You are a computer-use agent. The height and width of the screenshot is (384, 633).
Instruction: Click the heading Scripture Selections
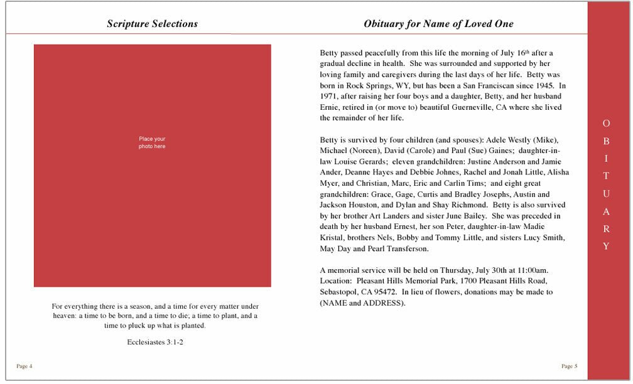click(x=152, y=24)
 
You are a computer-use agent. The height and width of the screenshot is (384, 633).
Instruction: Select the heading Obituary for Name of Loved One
click(x=438, y=24)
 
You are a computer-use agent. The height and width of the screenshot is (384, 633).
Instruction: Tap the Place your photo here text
click(x=152, y=142)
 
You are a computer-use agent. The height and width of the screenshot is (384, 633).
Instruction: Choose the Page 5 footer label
click(x=570, y=365)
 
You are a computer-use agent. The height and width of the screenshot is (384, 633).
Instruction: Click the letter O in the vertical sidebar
click(x=606, y=123)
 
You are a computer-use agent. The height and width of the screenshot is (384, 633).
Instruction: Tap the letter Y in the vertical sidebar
click(x=606, y=247)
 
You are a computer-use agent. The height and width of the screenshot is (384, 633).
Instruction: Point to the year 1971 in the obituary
click(x=330, y=96)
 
